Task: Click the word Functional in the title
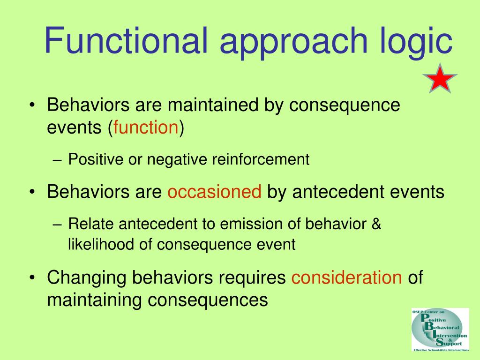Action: tap(126, 40)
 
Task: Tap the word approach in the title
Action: tap(293, 42)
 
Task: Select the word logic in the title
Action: tap(416, 42)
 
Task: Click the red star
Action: tap(440, 79)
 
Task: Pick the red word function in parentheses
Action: tap(146, 127)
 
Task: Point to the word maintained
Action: tap(213, 105)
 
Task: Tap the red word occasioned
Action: tap(215, 192)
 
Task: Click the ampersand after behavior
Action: tap(376, 224)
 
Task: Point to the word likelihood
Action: tap(101, 244)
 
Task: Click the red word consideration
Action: tap(346, 277)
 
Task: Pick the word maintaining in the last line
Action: tap(94, 300)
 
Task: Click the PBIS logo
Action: tap(440, 330)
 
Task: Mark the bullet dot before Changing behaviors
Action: tap(32, 278)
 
